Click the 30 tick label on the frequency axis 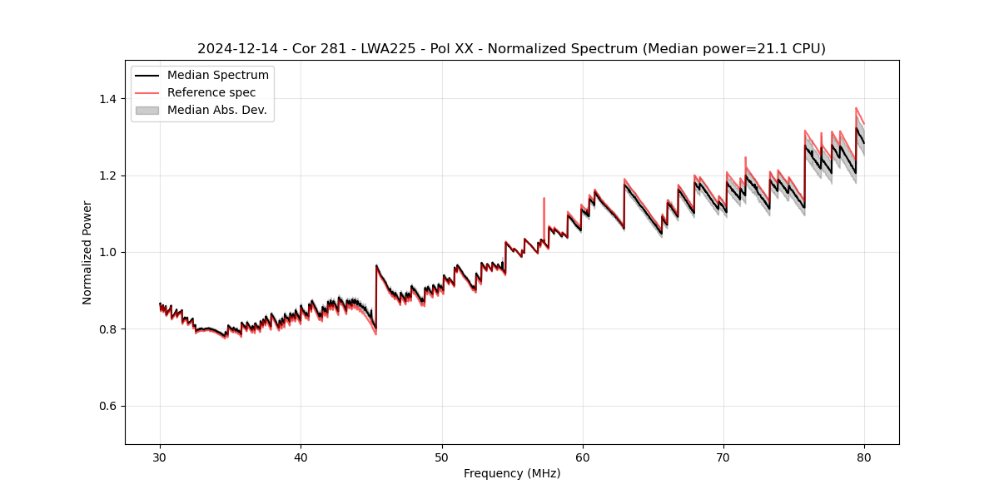(160, 457)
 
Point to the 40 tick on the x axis (301, 457)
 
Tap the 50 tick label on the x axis (442, 457)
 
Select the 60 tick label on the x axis (583, 457)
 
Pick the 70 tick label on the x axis (723, 457)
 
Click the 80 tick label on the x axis (864, 457)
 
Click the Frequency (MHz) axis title (512, 473)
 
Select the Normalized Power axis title (87, 252)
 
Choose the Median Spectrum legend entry (217, 76)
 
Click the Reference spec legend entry (211, 92)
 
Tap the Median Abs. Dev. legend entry (216, 110)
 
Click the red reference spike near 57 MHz (544, 204)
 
